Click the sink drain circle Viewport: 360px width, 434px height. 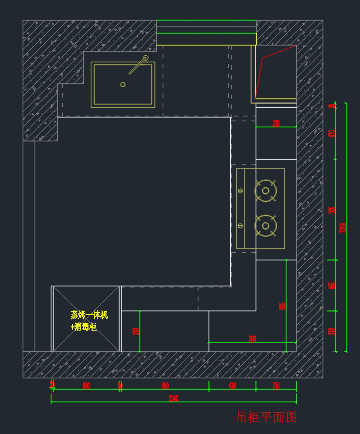click(123, 84)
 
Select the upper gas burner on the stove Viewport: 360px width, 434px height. click(265, 191)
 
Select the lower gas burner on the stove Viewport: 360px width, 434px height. click(265, 226)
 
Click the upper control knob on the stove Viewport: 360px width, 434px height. click(240, 190)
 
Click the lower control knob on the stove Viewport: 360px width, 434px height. click(240, 226)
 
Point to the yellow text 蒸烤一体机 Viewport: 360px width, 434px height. click(89, 315)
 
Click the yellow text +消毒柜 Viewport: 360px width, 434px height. click(84, 327)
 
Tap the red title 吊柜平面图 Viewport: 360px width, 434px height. click(266, 417)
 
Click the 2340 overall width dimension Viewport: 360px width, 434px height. click(174, 398)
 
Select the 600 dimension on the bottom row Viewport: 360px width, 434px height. click(86, 386)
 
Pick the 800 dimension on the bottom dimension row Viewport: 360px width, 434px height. click(165, 386)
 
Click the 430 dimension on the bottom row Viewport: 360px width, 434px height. click(232, 386)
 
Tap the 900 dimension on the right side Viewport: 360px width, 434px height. click(332, 210)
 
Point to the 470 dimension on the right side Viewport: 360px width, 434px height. click(332, 133)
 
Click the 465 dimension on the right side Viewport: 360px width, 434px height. click(332, 286)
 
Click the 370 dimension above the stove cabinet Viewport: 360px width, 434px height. click(276, 123)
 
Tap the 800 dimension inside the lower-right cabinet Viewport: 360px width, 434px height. click(253, 339)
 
